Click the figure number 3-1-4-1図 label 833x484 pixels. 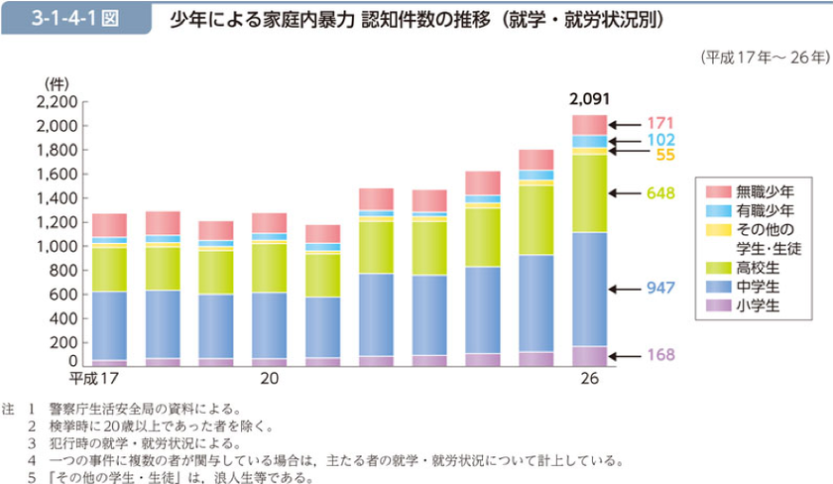(x=75, y=19)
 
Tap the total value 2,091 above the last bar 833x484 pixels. (x=589, y=99)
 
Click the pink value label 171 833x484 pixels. (x=660, y=124)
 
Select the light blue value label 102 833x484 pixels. (x=660, y=141)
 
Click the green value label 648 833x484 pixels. (x=660, y=192)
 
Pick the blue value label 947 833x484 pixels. (x=660, y=288)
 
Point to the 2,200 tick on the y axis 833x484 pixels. (x=56, y=102)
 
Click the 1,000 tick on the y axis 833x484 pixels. (x=56, y=246)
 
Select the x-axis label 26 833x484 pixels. (x=590, y=379)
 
